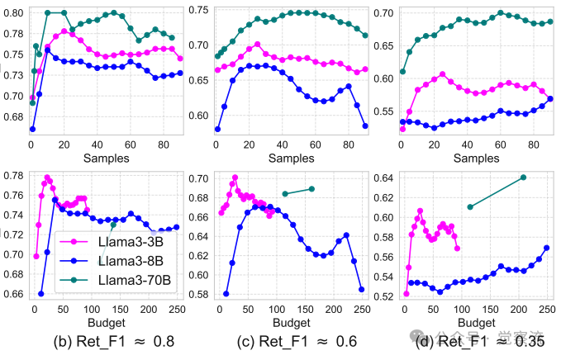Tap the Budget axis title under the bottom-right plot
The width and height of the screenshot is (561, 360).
[476, 321]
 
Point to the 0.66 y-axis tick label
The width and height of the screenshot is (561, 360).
[12, 294]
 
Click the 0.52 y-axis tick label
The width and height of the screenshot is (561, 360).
[383, 296]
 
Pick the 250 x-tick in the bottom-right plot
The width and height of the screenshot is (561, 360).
[546, 309]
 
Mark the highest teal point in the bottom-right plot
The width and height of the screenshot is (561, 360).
[523, 178]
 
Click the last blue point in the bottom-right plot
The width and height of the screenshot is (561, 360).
[546, 248]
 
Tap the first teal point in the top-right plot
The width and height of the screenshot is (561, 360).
[403, 72]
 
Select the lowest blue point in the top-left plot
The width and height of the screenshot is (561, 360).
[32, 129]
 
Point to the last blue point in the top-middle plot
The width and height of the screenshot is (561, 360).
[364, 126]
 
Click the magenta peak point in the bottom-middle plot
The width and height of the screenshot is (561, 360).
[235, 178]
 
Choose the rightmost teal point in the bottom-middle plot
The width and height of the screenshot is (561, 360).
[311, 189]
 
